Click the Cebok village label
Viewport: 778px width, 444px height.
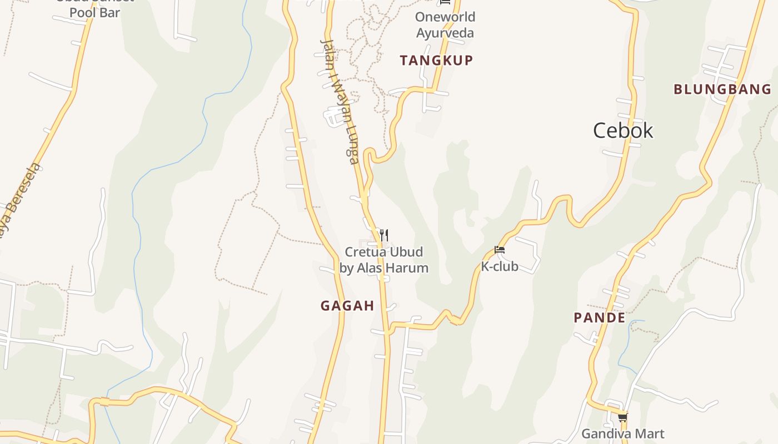click(x=623, y=131)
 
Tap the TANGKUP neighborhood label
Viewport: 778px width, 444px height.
click(x=436, y=60)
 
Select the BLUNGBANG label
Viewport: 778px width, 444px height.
click(x=722, y=89)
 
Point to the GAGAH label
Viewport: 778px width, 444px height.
click(x=347, y=306)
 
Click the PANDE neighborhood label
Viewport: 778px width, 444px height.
click(x=599, y=318)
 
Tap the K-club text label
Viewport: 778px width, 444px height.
click(x=500, y=266)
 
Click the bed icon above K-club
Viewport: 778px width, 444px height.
click(x=500, y=250)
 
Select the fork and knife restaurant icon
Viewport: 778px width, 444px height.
click(x=383, y=235)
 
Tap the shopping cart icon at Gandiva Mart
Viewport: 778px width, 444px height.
click(x=622, y=417)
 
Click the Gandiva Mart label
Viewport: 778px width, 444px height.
click(x=622, y=433)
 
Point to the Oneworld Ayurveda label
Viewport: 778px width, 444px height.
click(x=445, y=25)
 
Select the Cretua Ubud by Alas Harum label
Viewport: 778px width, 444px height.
click(x=384, y=260)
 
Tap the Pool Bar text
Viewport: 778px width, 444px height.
click(x=94, y=12)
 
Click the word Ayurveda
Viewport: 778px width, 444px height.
click(x=445, y=33)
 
